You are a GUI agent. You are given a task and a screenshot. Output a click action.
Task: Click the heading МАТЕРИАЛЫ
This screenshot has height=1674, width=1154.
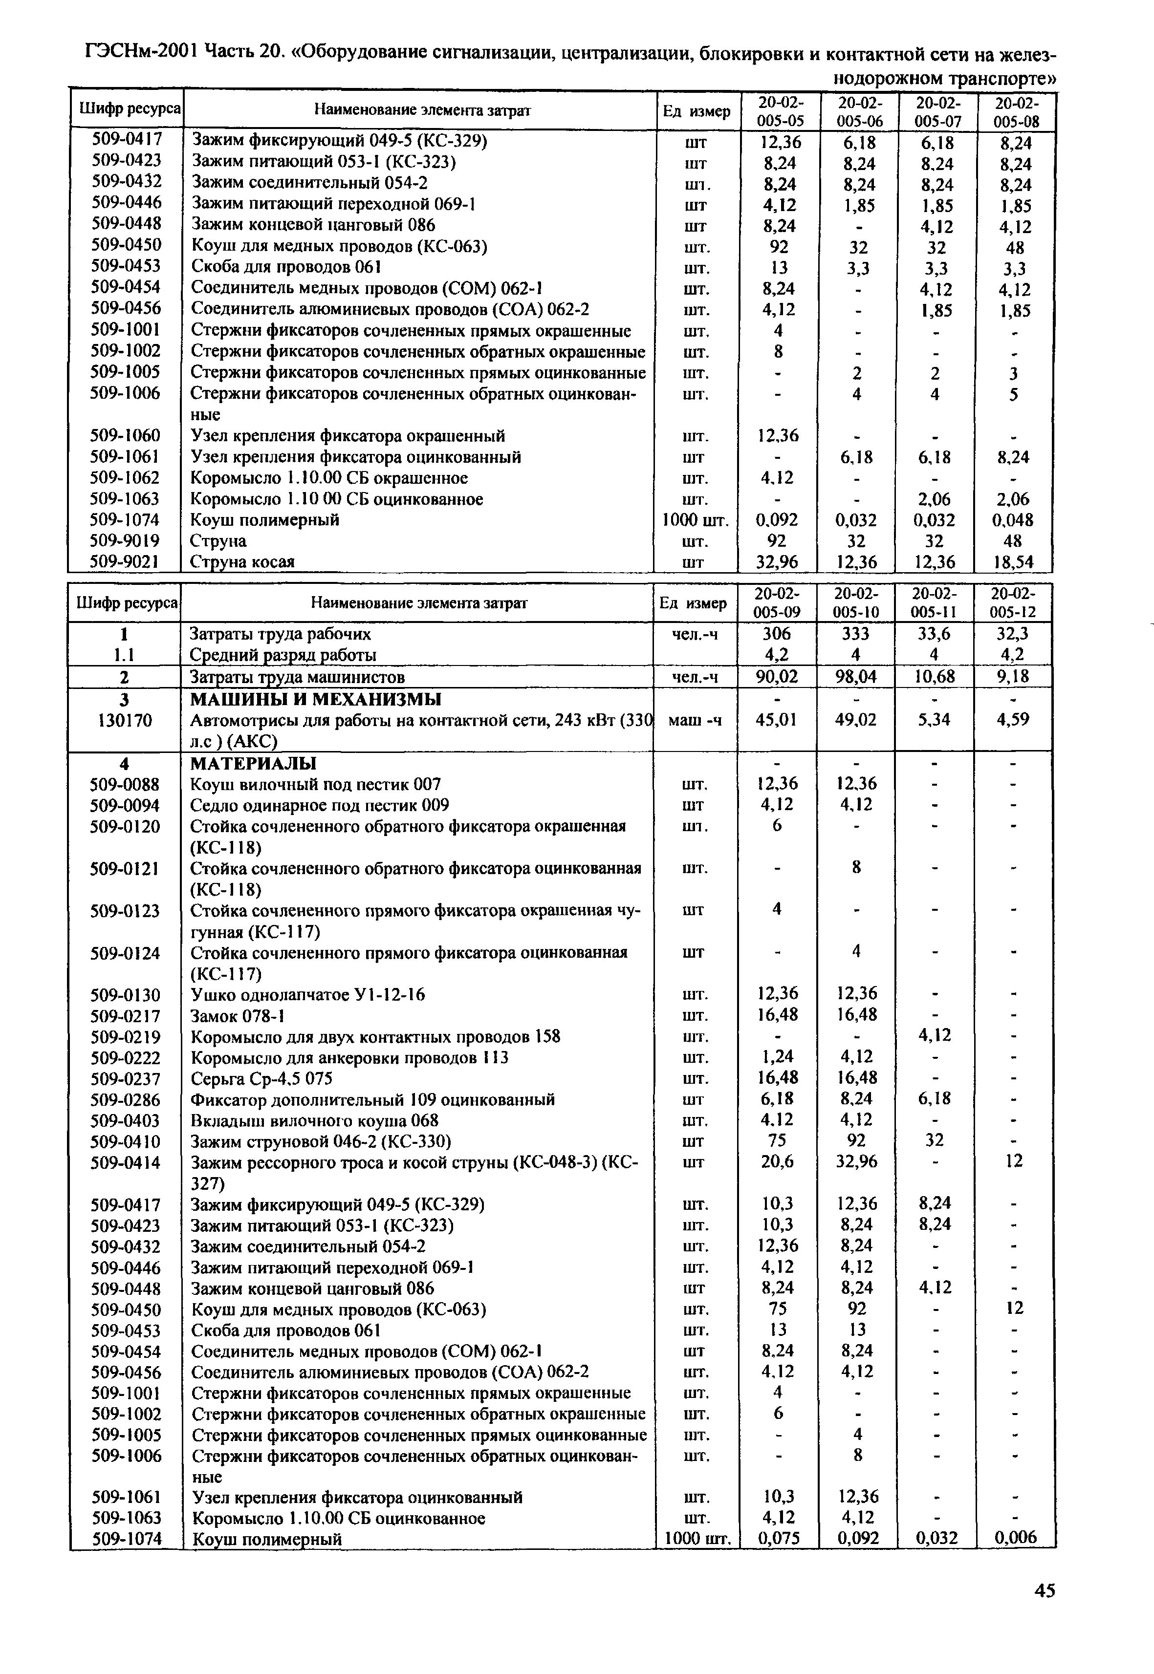click(253, 763)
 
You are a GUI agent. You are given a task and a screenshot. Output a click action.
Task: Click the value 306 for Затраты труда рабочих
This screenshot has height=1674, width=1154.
click(777, 634)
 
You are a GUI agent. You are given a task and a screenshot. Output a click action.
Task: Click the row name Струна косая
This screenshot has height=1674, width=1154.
click(242, 561)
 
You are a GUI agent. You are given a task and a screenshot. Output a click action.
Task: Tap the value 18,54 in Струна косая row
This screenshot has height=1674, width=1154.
click(1014, 561)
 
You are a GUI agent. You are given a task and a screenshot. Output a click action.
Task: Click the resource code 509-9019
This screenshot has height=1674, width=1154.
click(125, 540)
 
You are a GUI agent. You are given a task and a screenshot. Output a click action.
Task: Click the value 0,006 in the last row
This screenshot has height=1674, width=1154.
click(1014, 1539)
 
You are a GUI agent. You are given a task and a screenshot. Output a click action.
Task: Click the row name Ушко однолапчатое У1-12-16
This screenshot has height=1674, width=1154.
click(307, 994)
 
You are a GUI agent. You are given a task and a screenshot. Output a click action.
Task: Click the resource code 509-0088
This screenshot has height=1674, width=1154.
click(125, 784)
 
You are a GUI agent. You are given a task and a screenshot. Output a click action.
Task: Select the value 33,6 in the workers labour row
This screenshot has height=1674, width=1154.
click(934, 634)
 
